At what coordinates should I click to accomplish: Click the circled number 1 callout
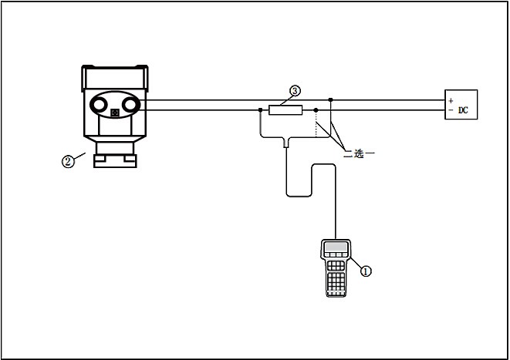[366, 271]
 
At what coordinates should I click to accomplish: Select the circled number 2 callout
[68, 161]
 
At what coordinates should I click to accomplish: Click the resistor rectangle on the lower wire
[285, 110]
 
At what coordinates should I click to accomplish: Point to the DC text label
[464, 110]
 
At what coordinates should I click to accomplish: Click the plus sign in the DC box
[451, 100]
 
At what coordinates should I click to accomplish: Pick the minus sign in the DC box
[451, 110]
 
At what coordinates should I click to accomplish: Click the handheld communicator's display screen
[336, 248]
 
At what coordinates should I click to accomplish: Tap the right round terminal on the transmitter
[130, 103]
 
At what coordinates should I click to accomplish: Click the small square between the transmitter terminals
[114, 114]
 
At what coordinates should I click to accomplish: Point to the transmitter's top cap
[114, 76]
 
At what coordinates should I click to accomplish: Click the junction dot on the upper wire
[330, 99]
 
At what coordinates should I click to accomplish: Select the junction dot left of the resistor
[260, 110]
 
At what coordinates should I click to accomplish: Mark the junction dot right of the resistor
[316, 110]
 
